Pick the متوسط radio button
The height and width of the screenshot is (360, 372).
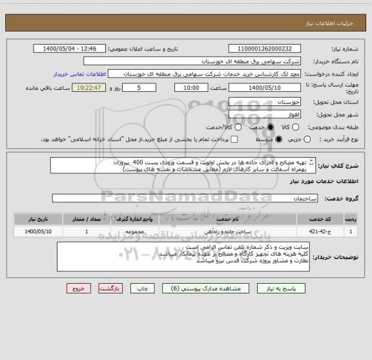click(278, 140)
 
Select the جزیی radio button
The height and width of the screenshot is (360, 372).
click(307, 140)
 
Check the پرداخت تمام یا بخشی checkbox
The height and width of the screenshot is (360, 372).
click(234, 140)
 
